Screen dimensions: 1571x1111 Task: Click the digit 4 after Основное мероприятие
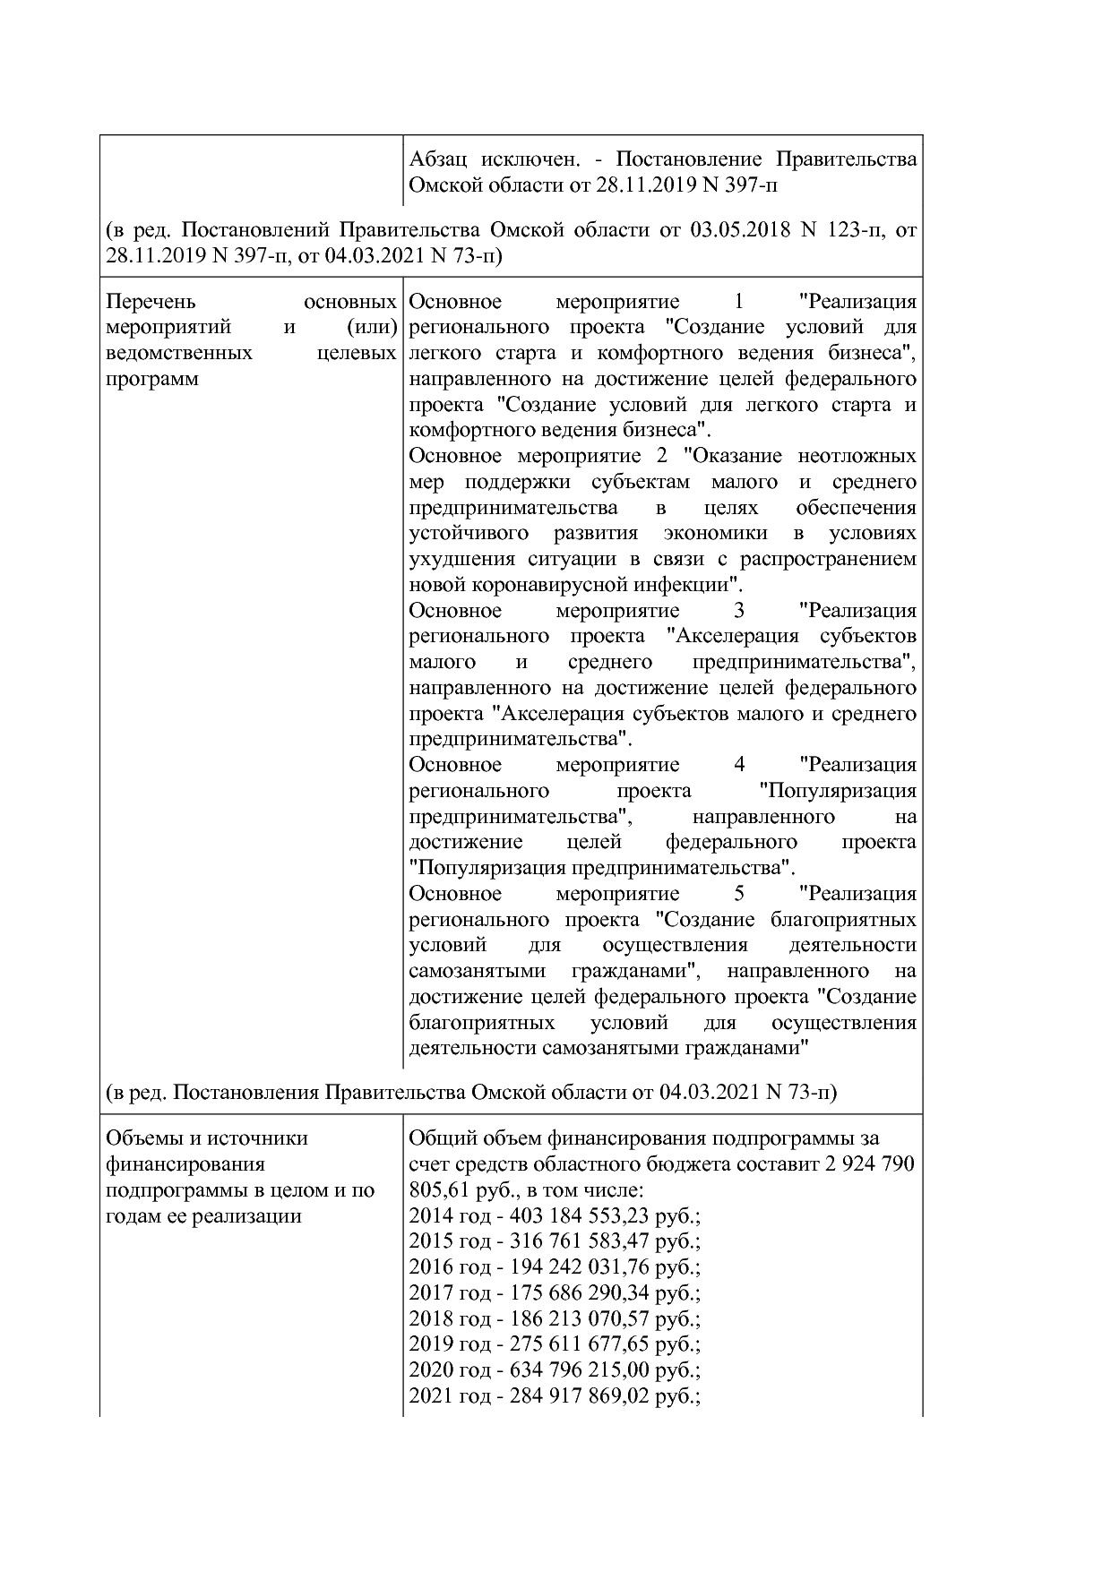(x=739, y=765)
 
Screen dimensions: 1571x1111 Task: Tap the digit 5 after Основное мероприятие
(x=739, y=894)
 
